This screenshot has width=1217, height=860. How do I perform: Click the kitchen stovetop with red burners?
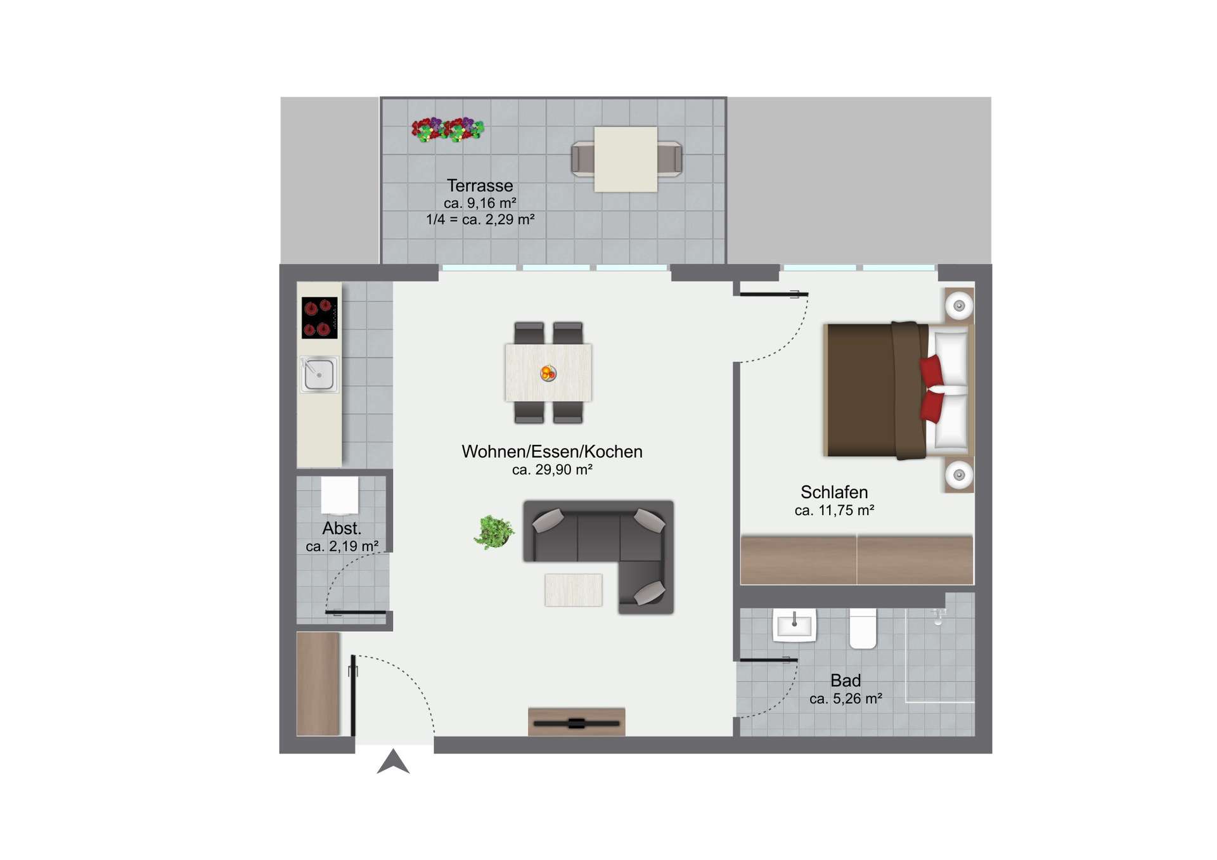319,318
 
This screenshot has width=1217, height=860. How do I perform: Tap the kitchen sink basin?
319,375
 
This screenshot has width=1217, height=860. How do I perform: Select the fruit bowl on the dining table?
548,373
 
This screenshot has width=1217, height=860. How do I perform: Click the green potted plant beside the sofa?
494,531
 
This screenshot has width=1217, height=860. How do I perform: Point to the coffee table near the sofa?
573,590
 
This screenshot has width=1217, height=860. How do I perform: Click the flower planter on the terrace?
448,129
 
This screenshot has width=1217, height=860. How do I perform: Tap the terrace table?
626,159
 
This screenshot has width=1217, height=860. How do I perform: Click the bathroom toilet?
863,628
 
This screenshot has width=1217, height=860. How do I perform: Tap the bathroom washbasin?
794,625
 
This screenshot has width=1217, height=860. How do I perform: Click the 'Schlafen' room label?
834,492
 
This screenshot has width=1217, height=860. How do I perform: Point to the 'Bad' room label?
846,681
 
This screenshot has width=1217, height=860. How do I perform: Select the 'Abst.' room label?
342,528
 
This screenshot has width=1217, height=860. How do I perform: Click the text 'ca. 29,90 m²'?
552,470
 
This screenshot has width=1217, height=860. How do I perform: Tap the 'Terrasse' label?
480,186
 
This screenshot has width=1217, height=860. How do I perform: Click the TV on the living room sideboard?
576,723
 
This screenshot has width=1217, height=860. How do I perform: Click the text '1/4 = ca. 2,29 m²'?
480,219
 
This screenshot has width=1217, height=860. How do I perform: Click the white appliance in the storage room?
340,496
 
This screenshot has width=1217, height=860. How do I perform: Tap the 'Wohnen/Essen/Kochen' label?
552,451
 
